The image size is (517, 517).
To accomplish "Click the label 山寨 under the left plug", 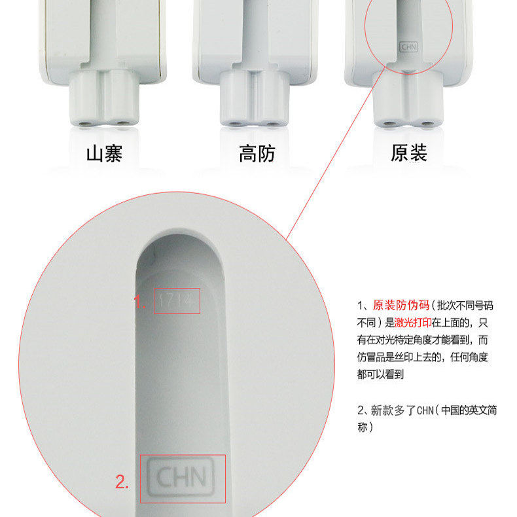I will pyautogui.click(x=104, y=154).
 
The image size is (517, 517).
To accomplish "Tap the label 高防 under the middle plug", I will pyautogui.click(x=257, y=154).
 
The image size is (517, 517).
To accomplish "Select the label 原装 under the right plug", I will pyautogui.click(x=409, y=154).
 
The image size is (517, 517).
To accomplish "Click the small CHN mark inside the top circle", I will pyautogui.click(x=408, y=48).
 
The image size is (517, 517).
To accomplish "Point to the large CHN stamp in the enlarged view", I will pyautogui.click(x=181, y=478).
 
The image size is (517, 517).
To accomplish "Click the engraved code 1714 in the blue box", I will pyautogui.click(x=177, y=301).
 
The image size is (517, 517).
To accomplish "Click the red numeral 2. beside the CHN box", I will pyautogui.click(x=122, y=483).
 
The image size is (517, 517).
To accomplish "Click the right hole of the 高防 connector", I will pyautogui.click(x=271, y=122).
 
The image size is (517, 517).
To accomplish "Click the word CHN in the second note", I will pyautogui.click(x=427, y=411).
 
